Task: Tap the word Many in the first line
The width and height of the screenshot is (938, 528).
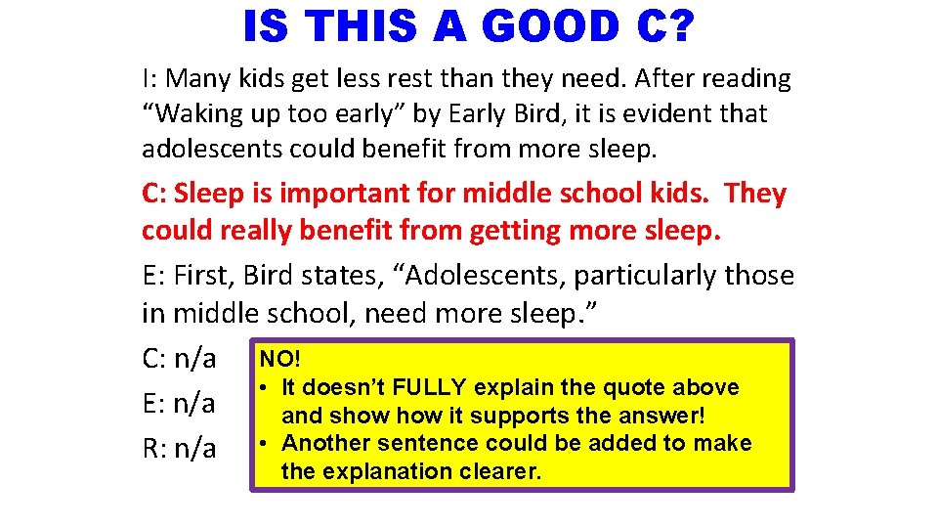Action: (203, 78)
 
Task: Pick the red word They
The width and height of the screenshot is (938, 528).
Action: (756, 194)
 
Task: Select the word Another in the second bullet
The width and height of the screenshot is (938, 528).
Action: (322, 443)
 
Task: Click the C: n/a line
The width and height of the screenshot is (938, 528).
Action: (179, 359)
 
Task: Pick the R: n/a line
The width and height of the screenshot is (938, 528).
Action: (179, 448)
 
